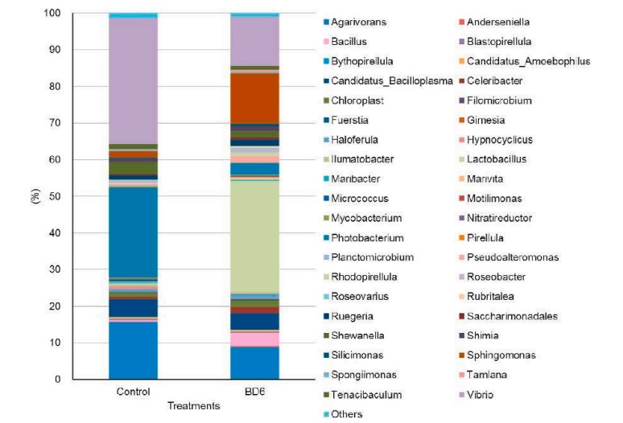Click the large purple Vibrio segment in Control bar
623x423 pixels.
(133, 80)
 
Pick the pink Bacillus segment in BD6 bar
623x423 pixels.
(255, 339)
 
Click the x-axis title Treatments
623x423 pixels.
(193, 407)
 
